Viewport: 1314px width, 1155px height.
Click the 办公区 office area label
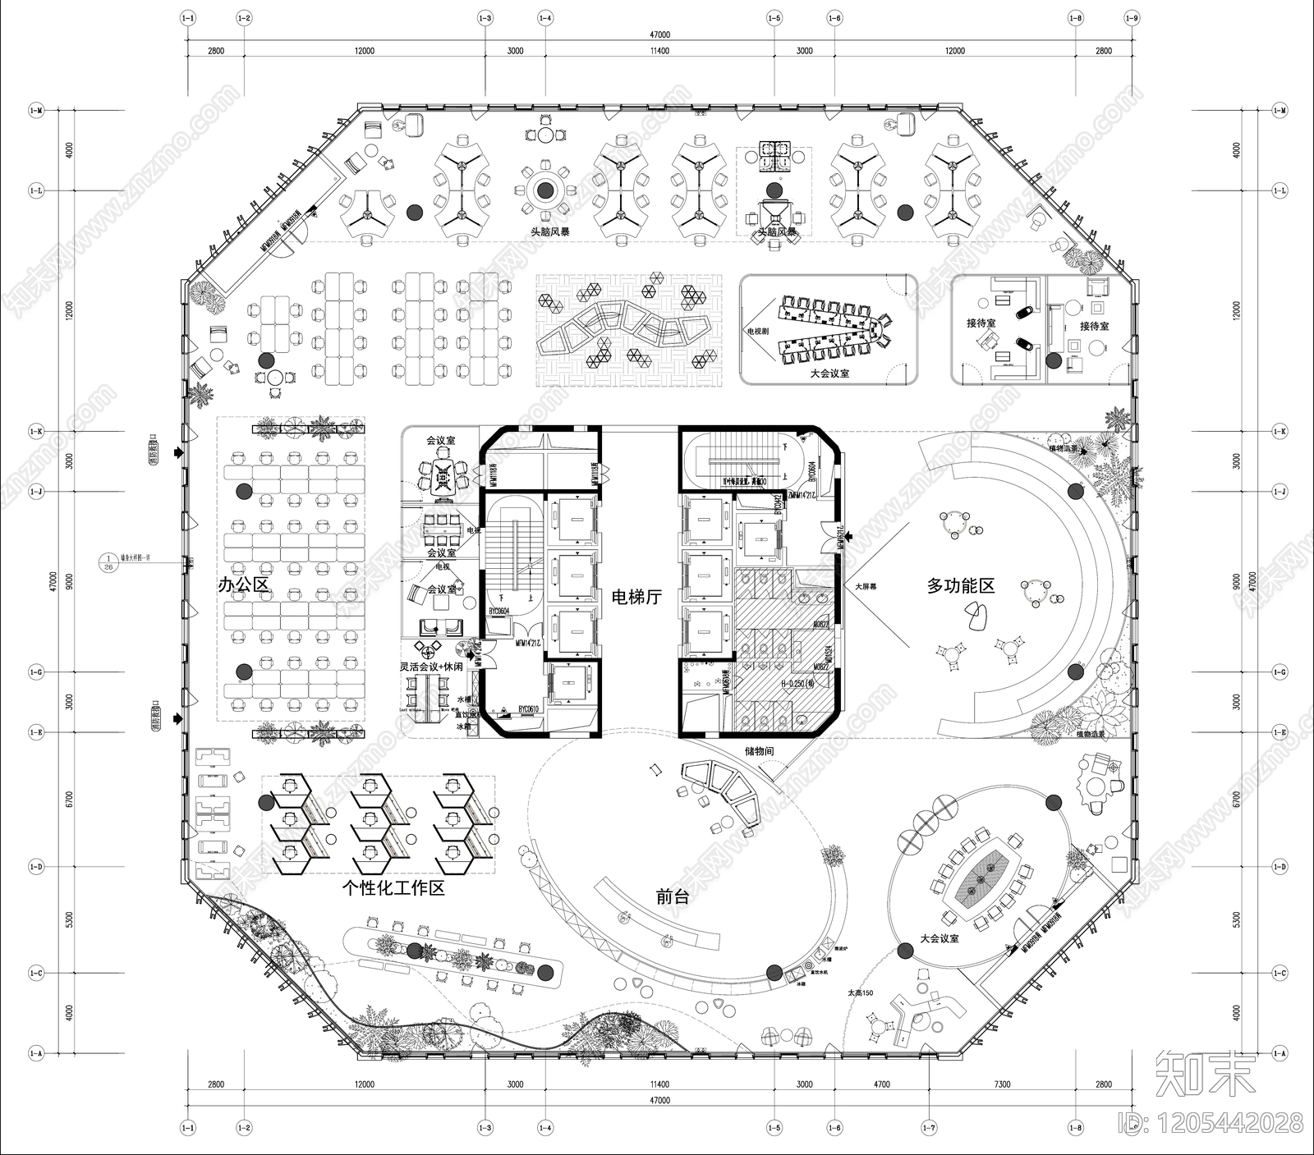(243, 584)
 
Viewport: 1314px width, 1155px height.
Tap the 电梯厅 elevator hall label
(637, 597)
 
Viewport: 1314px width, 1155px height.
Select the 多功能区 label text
(960, 585)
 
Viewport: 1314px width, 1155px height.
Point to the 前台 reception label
(673, 896)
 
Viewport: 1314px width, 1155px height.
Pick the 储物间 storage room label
(759, 751)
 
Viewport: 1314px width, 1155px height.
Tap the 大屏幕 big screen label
(868, 587)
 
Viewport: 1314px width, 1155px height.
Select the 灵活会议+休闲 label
(431, 667)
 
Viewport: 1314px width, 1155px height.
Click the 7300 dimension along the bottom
(1002, 1084)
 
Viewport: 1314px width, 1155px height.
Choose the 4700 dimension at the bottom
(881, 1084)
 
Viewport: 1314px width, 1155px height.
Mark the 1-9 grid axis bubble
(1133, 17)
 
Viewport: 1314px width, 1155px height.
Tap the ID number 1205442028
(1229, 1121)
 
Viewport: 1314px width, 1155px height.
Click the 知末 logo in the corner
(1206, 1073)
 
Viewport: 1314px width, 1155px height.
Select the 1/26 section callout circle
(108, 561)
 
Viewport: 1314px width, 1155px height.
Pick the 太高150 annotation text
(861, 993)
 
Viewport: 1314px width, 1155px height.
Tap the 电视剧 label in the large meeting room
(757, 331)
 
